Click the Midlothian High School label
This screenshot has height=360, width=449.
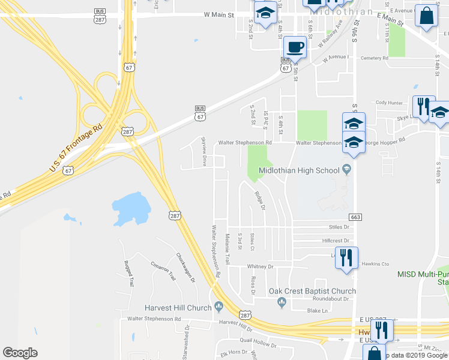tap(299, 170)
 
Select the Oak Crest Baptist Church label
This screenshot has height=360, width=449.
tap(312, 291)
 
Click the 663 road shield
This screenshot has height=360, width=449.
tap(356, 216)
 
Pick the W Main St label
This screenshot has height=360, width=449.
tap(218, 14)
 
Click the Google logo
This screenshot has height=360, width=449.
tap(20, 352)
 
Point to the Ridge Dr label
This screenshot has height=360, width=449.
tap(259, 201)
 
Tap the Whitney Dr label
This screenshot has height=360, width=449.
tap(261, 266)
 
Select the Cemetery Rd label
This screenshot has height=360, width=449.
tap(375, 58)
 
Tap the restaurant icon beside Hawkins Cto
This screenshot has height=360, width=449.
tap(346, 257)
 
